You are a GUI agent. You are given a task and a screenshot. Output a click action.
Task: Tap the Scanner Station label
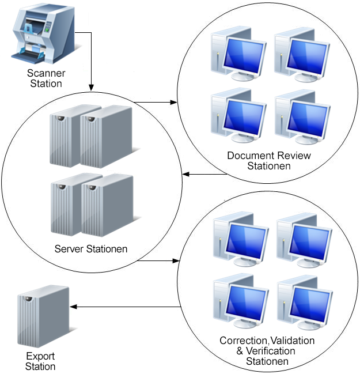pyautogui.click(x=46, y=78)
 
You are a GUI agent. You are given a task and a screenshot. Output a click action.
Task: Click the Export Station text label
pyautogui.click(x=41, y=361)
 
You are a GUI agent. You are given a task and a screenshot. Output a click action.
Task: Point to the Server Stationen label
pyautogui.click(x=91, y=249)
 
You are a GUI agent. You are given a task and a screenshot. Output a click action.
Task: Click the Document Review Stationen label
pyautogui.click(x=268, y=161)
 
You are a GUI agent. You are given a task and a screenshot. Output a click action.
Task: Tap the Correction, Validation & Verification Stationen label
pyautogui.click(x=267, y=351)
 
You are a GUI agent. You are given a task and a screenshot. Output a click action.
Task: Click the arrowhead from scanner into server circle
pyautogui.click(x=91, y=86)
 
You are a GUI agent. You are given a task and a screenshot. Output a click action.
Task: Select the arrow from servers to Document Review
pyautogui.click(x=156, y=103)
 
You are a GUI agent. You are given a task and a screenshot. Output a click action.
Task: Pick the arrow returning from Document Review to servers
pyautogui.click(x=204, y=173)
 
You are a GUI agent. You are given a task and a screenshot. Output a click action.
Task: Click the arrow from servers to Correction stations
pyautogui.click(x=158, y=260)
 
